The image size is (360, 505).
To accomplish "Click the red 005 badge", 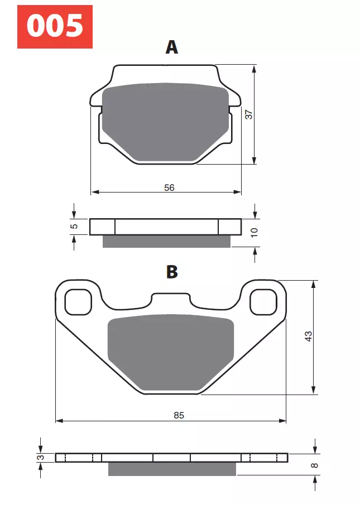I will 55,26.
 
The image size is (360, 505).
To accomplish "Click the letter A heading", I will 172,47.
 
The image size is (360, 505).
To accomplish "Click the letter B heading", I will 172,272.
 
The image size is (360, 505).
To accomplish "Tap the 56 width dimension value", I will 169,187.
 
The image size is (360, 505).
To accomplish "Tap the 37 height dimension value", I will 249,114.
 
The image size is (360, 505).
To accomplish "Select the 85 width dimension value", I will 179,415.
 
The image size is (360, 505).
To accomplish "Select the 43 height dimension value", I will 309,336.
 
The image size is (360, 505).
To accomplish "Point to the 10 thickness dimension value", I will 254,232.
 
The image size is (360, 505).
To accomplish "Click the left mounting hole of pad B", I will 78,302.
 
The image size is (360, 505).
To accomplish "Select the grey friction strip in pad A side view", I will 166,241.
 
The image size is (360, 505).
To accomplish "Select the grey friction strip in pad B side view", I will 172,469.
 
